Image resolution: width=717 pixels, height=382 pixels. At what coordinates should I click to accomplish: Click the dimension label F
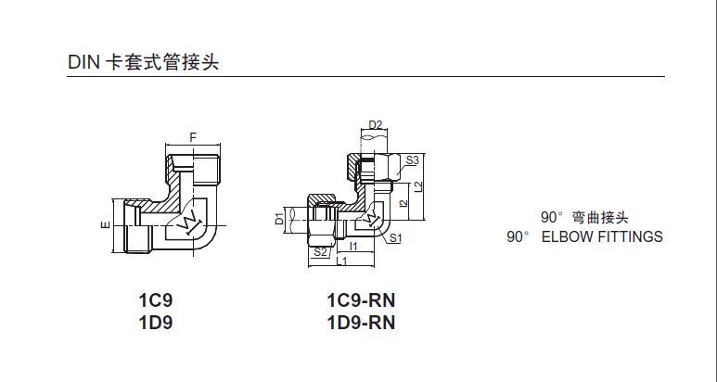click(x=192, y=137)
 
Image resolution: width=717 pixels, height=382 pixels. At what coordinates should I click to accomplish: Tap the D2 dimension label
click(x=375, y=124)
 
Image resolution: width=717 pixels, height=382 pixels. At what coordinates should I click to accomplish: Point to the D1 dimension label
click(x=278, y=220)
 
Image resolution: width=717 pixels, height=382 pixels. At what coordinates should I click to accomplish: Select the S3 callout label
click(x=413, y=160)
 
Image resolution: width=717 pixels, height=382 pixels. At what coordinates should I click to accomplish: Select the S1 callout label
click(x=395, y=238)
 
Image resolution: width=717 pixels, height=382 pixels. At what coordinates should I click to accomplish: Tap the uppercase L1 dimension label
click(x=341, y=262)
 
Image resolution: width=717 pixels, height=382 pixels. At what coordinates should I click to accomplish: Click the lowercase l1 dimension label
click(x=355, y=246)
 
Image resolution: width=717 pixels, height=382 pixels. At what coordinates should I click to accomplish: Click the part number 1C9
click(x=156, y=301)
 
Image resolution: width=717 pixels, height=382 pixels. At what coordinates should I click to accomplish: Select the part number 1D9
click(x=156, y=323)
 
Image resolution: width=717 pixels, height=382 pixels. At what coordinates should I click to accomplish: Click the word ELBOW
click(x=567, y=236)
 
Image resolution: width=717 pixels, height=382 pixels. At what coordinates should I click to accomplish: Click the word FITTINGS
click(x=630, y=236)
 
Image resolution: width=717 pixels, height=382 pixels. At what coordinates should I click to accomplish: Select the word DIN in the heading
click(x=83, y=62)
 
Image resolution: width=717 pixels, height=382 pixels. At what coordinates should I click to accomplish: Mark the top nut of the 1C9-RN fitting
click(x=375, y=168)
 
